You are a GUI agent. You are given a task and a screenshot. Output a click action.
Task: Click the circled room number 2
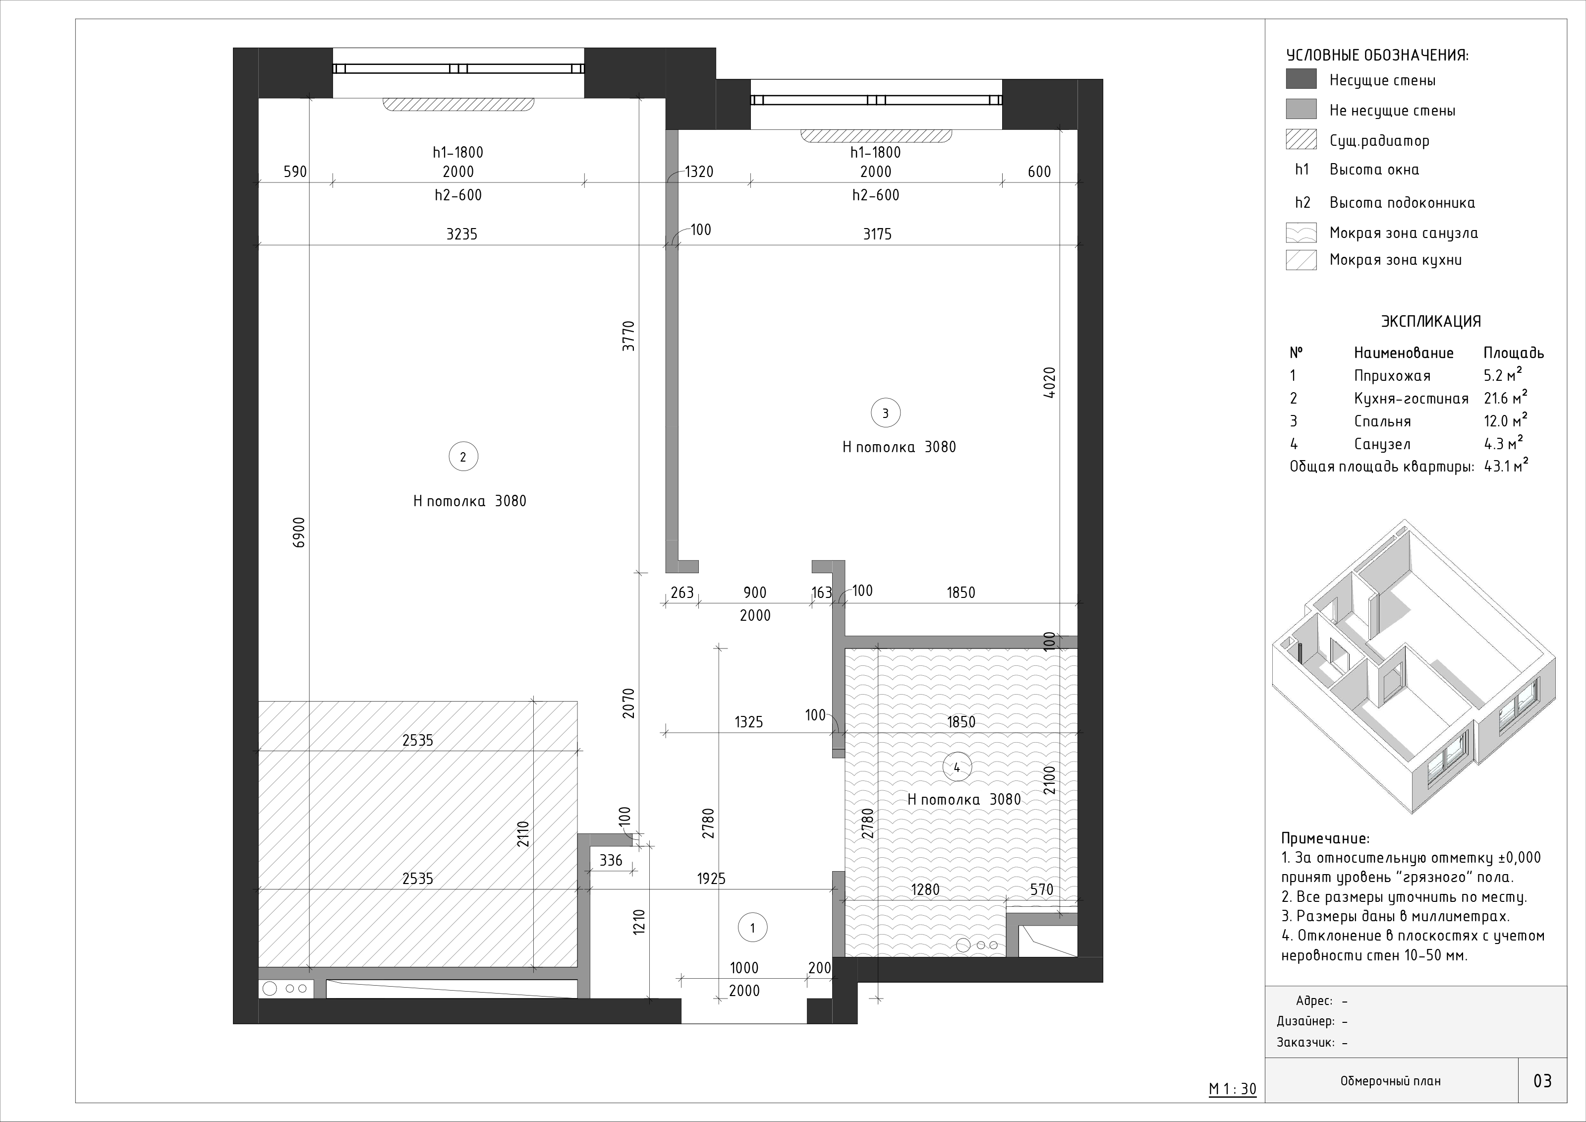point(463,457)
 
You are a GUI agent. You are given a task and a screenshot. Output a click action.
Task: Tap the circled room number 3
point(886,413)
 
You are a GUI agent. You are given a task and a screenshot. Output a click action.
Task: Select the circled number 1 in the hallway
point(752,928)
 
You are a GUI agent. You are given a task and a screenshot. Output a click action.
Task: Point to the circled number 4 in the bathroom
point(957,768)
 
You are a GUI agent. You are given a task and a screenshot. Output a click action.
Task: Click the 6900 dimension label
point(298,532)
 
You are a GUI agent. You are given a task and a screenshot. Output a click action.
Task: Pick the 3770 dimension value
point(628,337)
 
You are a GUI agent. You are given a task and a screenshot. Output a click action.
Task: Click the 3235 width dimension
point(461,234)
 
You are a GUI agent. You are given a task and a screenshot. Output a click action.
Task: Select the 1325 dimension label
point(749,722)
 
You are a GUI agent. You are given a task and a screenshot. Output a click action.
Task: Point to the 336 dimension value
point(611,860)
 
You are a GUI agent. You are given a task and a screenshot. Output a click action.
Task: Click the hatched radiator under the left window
point(458,104)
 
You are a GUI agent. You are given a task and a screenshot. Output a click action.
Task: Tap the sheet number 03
point(1542,1080)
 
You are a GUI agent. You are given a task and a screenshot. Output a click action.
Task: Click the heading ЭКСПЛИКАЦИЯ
point(1431,321)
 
